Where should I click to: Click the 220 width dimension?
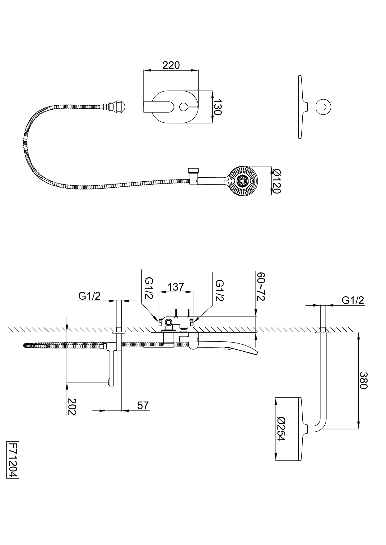click(171, 65)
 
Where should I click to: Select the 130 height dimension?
click(217, 107)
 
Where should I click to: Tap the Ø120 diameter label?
click(276, 181)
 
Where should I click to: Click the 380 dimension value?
click(364, 380)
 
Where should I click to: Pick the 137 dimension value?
click(176, 287)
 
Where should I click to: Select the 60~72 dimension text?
click(260, 286)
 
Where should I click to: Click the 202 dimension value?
click(72, 406)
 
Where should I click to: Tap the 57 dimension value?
click(143, 405)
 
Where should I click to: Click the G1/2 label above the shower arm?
click(353, 300)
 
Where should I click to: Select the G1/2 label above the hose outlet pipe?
click(89, 296)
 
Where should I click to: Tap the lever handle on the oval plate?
click(188, 107)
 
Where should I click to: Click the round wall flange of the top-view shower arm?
click(325, 107)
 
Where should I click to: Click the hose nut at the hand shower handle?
click(193, 176)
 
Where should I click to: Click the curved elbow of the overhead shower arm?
click(319, 427)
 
